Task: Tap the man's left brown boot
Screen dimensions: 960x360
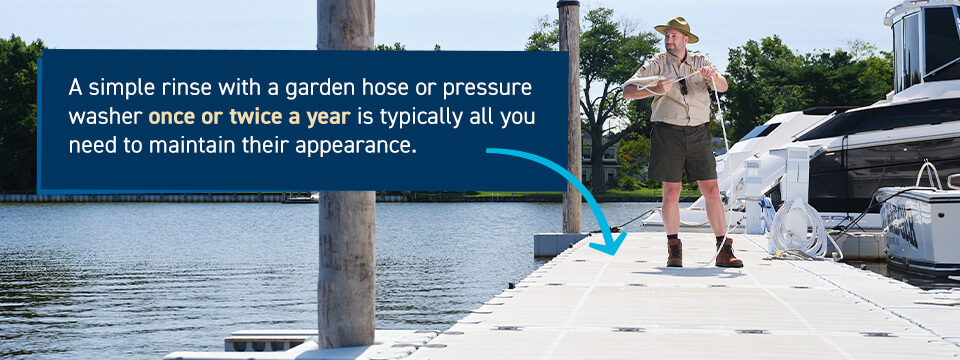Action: pos(729,252)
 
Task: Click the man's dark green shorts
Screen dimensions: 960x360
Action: pos(681,154)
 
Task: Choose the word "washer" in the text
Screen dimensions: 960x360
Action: pos(105,117)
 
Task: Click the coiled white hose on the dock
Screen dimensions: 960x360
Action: pos(797,228)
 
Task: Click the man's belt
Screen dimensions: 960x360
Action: pos(680,127)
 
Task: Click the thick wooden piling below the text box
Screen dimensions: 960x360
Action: pos(347,269)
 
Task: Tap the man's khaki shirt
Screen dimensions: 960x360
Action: pos(680,88)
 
